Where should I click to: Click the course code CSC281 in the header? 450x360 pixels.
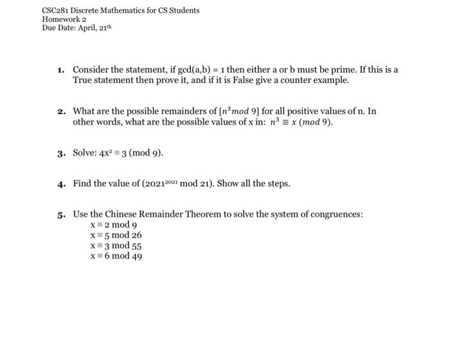[x=56, y=11]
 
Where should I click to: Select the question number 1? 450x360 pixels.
[x=60, y=69]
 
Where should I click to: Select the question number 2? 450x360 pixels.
[x=60, y=111]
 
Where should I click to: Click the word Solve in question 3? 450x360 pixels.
[x=85, y=154]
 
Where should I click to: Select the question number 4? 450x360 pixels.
[x=60, y=184]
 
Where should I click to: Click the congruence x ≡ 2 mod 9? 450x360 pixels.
[x=114, y=224]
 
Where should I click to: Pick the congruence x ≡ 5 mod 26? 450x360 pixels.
[x=116, y=235]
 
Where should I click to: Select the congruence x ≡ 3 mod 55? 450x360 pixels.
[x=116, y=246]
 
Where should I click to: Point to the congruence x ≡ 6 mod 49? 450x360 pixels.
[x=116, y=256]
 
